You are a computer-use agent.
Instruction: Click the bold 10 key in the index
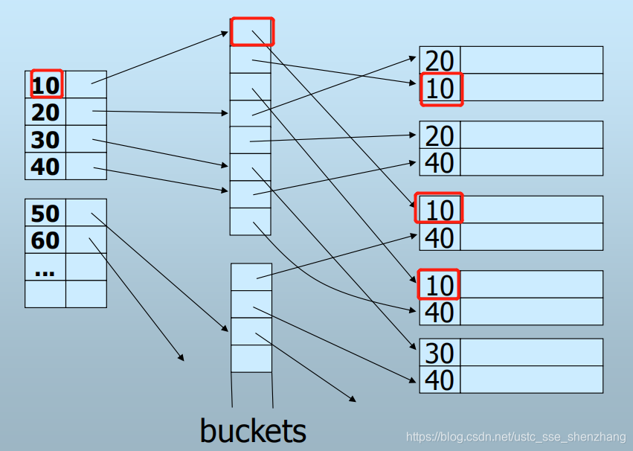coord(46,85)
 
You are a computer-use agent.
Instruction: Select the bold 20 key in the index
coord(45,112)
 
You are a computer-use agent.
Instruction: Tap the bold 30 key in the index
coord(45,139)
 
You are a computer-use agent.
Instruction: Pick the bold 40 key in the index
coord(45,166)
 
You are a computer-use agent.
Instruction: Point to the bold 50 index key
coord(45,214)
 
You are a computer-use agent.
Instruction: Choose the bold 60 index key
coord(45,240)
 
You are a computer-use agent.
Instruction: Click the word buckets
coord(253,430)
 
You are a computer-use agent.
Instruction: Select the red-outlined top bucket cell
coord(252,32)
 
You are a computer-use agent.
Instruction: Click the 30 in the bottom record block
coord(440,353)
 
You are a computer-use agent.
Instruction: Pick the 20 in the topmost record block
coord(440,60)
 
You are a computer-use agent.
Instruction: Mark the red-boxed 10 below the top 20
coord(440,89)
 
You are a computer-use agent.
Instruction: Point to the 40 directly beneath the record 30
coord(440,380)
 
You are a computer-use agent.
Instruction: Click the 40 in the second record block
coord(440,162)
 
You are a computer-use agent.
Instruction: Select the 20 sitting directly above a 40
coord(440,135)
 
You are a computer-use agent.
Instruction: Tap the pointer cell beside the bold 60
coord(86,240)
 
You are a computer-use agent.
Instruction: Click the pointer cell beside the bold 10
coord(86,85)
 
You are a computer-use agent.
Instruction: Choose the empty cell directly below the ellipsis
coord(45,294)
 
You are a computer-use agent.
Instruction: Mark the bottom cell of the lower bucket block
coord(251,359)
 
